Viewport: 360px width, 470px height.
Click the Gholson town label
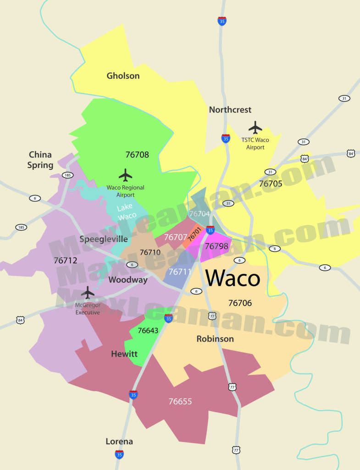pos(123,76)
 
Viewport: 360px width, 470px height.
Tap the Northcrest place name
pos(230,110)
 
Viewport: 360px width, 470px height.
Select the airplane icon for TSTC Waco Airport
pos(255,128)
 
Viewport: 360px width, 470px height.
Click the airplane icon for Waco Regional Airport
pos(125,175)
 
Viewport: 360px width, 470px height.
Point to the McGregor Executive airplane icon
pos(88,293)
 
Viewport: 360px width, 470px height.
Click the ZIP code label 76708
pos(137,155)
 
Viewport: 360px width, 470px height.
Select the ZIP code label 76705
pos(271,184)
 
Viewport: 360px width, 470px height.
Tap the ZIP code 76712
pos(66,260)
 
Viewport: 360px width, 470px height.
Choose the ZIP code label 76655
pos(180,402)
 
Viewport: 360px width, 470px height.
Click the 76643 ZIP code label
pos(148,330)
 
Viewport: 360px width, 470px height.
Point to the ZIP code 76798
pos(216,246)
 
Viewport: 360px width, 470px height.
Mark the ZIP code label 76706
pos(240,303)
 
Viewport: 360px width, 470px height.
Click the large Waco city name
pos(233,278)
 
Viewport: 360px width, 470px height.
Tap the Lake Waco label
pos(127,212)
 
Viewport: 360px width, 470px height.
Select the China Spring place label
pos(40,160)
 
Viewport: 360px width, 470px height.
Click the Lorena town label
pos(119,442)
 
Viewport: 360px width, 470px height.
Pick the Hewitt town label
pos(124,354)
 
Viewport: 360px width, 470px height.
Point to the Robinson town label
pos(215,339)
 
